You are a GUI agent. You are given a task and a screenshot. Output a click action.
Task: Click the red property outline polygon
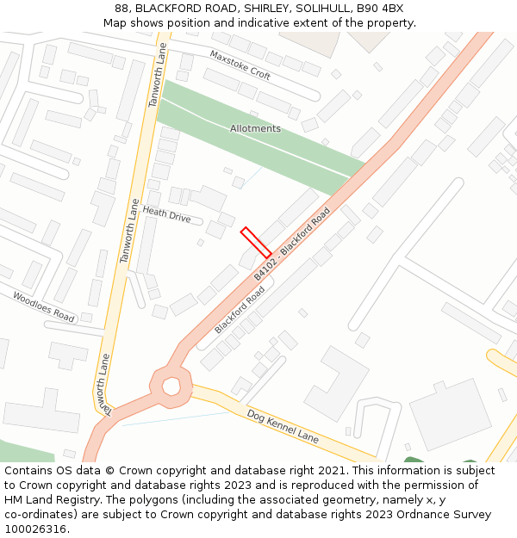256,242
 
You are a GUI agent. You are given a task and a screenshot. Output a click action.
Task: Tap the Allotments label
255,129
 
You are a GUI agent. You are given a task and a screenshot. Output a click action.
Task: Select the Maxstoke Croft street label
240,65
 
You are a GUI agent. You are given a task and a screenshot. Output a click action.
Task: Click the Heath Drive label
167,214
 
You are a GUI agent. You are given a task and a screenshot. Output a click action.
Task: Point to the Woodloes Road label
43,306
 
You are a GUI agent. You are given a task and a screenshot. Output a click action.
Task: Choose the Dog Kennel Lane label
283,427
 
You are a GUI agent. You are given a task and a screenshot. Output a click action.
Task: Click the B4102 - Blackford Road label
292,243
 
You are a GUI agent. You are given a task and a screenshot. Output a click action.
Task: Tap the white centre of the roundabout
171,386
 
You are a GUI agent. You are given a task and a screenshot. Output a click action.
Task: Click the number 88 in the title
121,9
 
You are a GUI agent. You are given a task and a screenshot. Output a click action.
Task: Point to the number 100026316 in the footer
37,529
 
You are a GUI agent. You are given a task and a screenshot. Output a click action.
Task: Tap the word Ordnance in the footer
428,515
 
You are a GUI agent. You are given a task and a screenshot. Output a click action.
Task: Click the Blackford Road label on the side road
240,311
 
